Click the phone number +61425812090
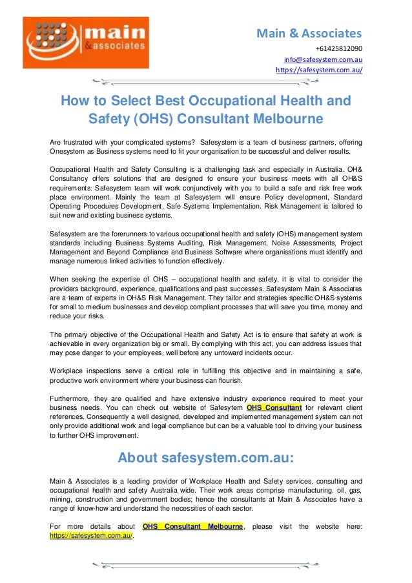(338, 48)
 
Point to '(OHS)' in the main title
(154, 119)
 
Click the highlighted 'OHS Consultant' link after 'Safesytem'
(274, 407)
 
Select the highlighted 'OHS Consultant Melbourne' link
(193, 526)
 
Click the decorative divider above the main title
(205, 82)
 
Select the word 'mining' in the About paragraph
(61, 499)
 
